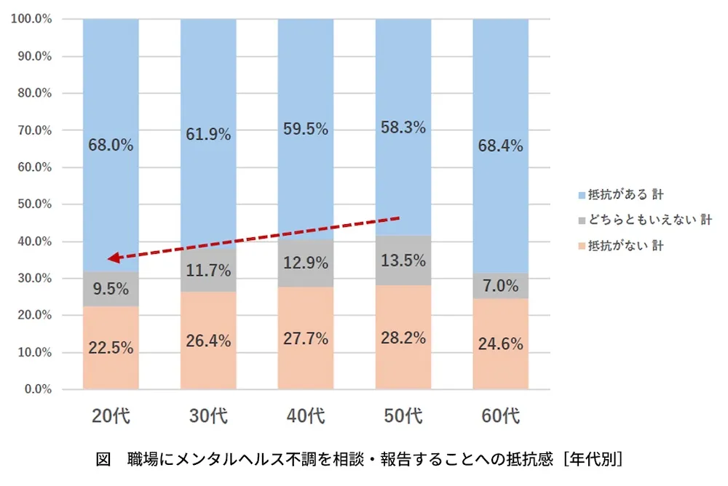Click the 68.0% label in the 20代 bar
click(x=111, y=145)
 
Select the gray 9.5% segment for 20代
click(x=111, y=289)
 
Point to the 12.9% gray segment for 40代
click(x=306, y=263)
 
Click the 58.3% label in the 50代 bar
click(x=403, y=127)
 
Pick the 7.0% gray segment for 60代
click(x=501, y=286)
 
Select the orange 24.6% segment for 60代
click(x=501, y=344)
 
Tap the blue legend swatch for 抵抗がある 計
click(x=581, y=195)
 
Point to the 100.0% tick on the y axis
click(x=31, y=19)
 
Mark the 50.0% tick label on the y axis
click(x=33, y=204)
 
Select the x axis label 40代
click(x=306, y=417)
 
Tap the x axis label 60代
click(x=501, y=417)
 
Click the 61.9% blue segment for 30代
click(x=208, y=134)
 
